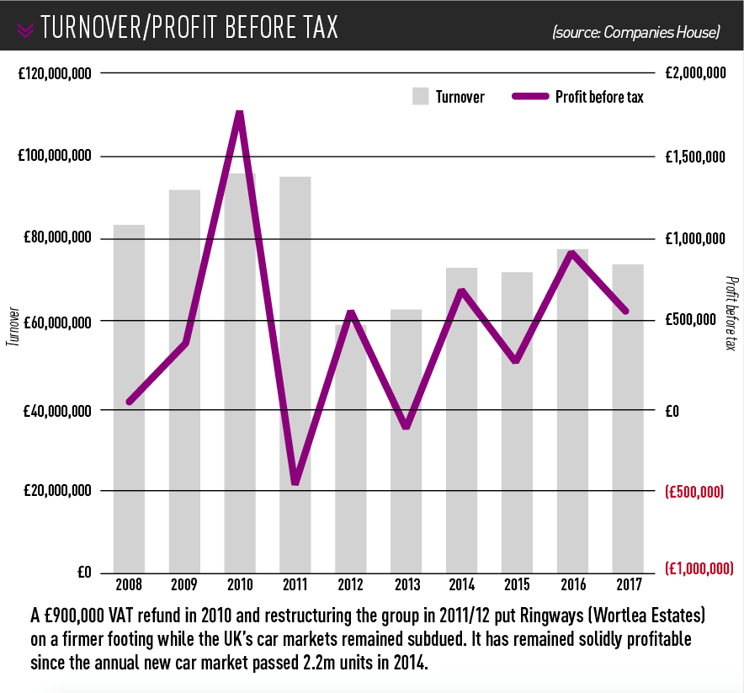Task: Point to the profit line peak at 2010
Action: click(x=240, y=115)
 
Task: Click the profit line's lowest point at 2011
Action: click(x=295, y=482)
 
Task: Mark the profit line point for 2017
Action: click(x=627, y=311)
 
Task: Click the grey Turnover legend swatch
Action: click(x=421, y=96)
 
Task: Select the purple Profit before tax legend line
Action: click(x=529, y=97)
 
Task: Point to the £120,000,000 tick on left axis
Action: click(x=55, y=74)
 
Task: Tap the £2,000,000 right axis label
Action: click(x=694, y=74)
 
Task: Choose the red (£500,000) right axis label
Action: click(x=694, y=491)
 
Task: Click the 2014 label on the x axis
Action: click(x=461, y=584)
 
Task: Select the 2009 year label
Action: click(x=184, y=584)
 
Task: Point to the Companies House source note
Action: click(x=636, y=33)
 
